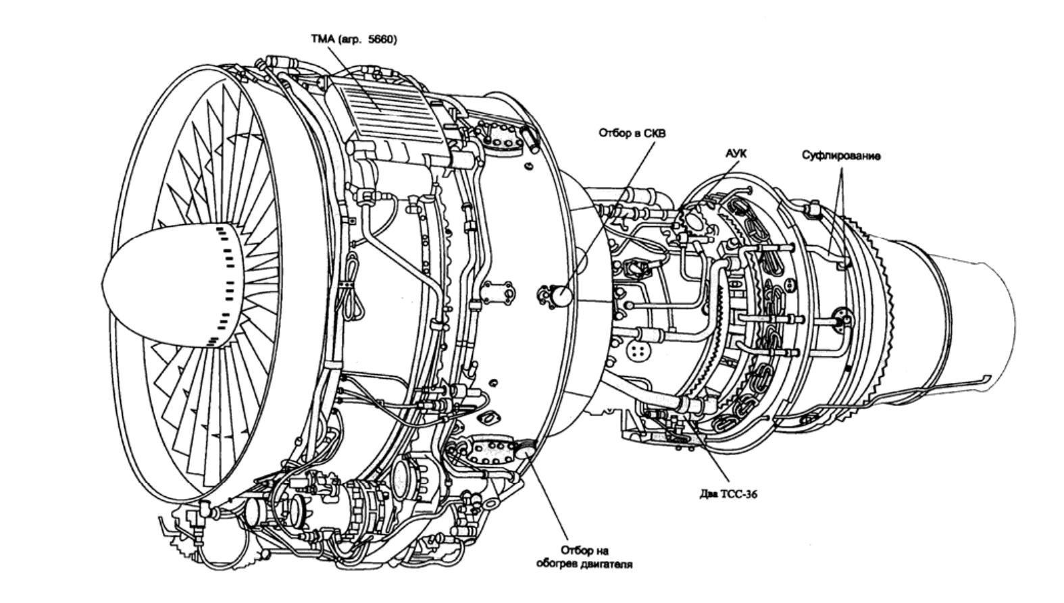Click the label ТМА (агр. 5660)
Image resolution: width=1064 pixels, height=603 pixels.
pyautogui.click(x=353, y=39)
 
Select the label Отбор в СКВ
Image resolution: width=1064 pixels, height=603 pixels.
pyautogui.click(x=632, y=133)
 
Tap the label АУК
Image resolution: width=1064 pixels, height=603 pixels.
pyautogui.click(x=736, y=154)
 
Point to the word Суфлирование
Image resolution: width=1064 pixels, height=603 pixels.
pyautogui.click(x=841, y=156)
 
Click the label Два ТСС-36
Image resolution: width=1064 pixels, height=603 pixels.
pyautogui.click(x=728, y=494)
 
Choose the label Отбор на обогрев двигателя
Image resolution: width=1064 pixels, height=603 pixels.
pyautogui.click(x=584, y=557)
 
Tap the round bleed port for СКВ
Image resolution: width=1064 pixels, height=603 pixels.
pyautogui.click(x=561, y=294)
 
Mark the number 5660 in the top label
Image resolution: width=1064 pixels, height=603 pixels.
pyautogui.click(x=384, y=39)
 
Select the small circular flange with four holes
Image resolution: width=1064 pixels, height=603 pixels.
pyautogui.click(x=637, y=350)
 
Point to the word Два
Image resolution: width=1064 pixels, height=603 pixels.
pyautogui.click(x=708, y=494)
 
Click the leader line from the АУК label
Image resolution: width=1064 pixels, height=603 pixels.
pyautogui.click(x=719, y=179)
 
